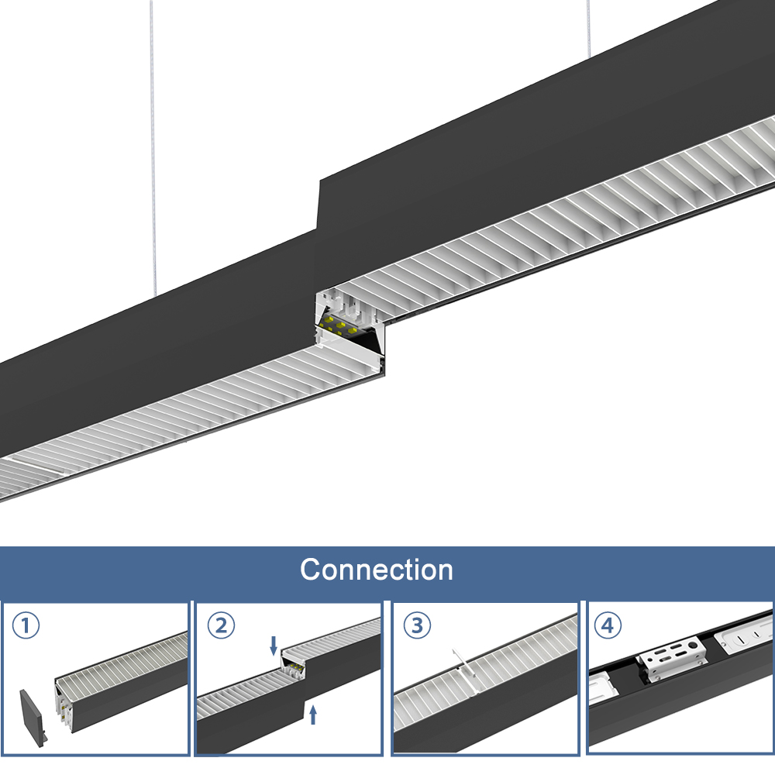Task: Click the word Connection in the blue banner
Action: [377, 570]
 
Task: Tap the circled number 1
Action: [26, 625]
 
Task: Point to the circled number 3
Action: [418, 625]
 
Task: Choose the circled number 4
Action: [608, 625]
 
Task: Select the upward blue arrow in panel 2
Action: [312, 714]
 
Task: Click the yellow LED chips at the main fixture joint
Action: [341, 323]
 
